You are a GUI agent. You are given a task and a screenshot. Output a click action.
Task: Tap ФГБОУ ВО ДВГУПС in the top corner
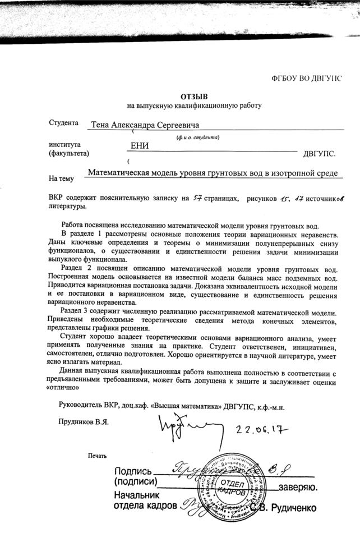point(306,77)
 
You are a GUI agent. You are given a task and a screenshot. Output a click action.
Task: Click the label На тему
point(62,179)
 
